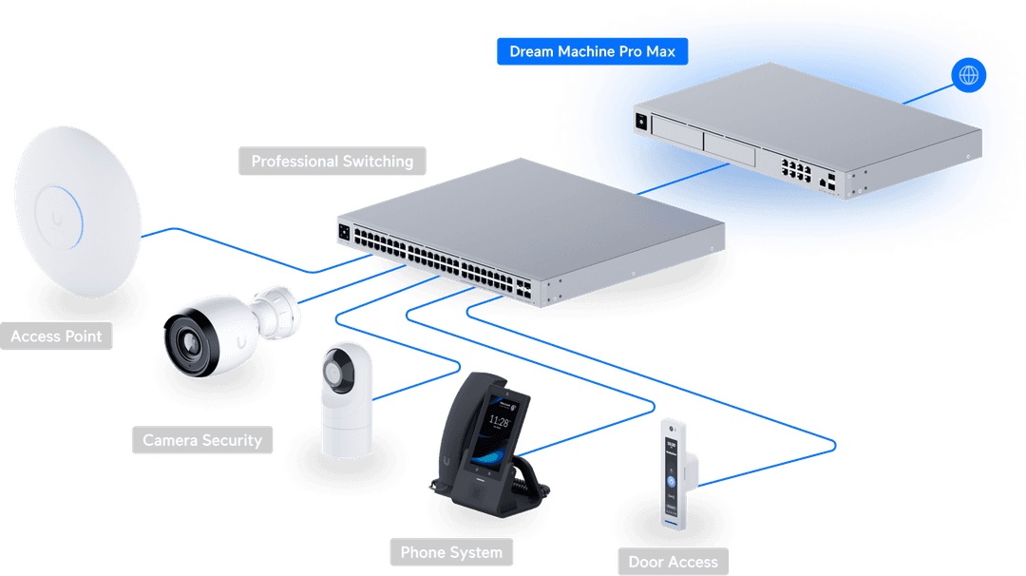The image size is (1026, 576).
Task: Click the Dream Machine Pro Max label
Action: (x=592, y=51)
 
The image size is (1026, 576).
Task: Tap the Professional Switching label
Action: (x=332, y=161)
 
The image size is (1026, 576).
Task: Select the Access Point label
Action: (x=56, y=336)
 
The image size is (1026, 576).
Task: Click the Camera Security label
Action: (x=201, y=440)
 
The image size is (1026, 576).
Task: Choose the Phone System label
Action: (x=450, y=551)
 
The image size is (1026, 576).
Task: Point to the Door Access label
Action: (x=673, y=561)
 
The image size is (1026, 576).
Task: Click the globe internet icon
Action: (x=968, y=75)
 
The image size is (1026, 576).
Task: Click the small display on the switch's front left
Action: (x=344, y=229)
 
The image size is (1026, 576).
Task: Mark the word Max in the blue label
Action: (x=660, y=51)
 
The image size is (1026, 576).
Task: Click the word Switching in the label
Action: (x=375, y=161)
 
